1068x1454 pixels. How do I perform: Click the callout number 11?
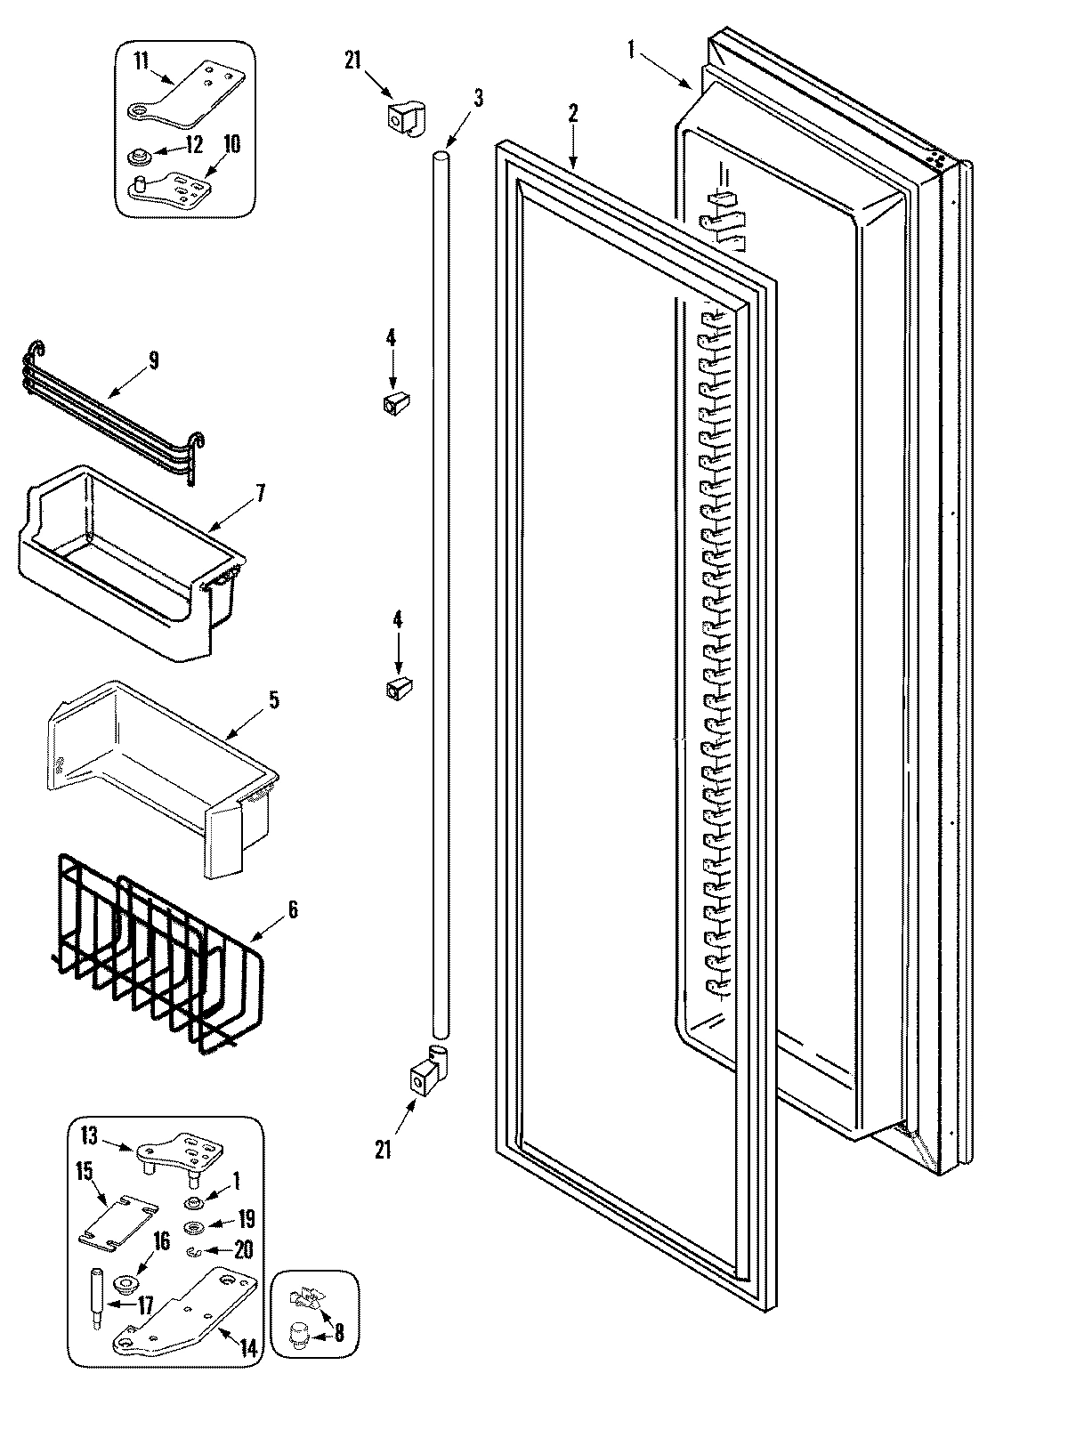(141, 61)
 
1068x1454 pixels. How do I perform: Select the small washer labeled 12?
(138, 158)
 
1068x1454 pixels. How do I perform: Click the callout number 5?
(273, 699)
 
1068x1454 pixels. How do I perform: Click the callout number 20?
(242, 1250)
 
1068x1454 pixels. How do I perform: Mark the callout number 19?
(246, 1219)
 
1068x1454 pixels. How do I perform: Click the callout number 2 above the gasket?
(573, 113)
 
